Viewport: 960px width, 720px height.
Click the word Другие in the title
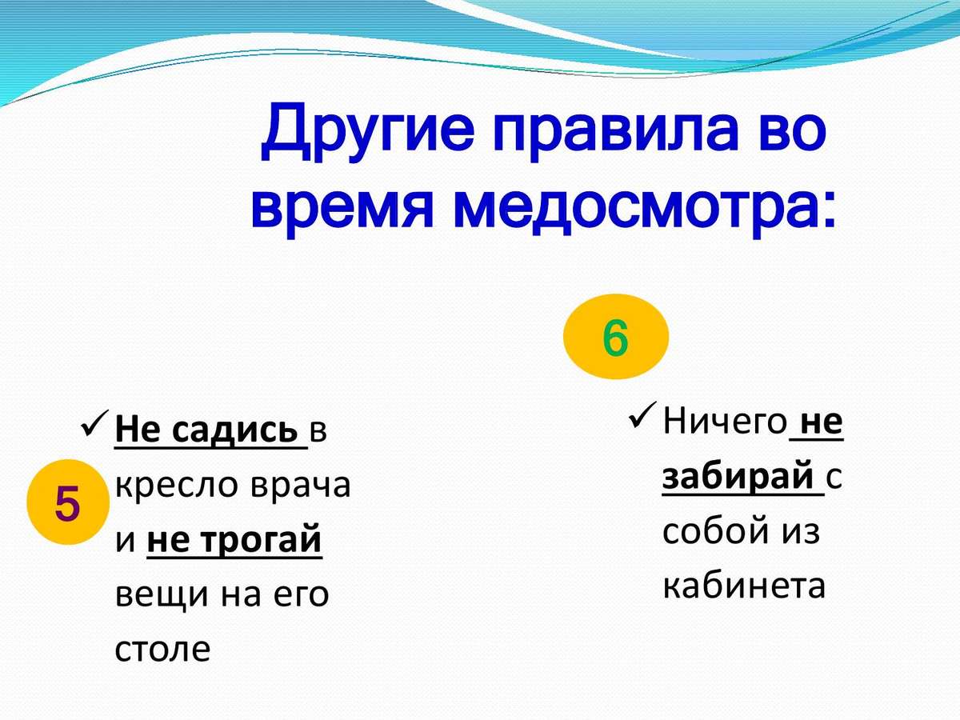coord(367,131)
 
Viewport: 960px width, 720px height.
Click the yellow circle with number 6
coord(616,336)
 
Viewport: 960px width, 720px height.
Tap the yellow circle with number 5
coord(68,502)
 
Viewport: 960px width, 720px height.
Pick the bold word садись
coord(235,430)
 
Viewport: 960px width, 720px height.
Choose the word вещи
coord(162,595)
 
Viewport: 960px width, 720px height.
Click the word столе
coord(162,650)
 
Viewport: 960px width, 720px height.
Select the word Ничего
coord(724,422)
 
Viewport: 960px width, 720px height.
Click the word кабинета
coord(744,586)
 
